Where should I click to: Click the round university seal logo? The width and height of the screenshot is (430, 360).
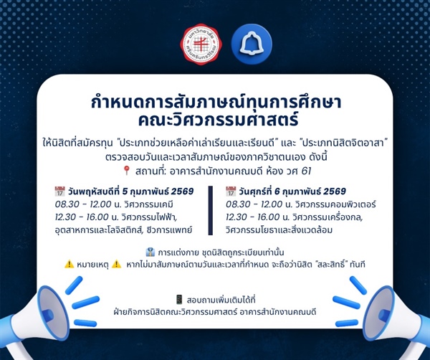pos(201,43)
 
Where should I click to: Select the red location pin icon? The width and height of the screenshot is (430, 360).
pos(127,171)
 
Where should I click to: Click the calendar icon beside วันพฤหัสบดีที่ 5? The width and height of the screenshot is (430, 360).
pos(59,191)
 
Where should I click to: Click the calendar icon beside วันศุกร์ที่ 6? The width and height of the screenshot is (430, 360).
pos(231,191)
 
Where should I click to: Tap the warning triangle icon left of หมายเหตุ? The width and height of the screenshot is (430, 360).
pos(69,264)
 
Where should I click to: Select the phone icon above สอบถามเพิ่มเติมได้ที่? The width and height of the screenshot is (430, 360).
pos(179,299)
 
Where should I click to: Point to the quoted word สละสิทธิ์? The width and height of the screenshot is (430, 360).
pos(328,265)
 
